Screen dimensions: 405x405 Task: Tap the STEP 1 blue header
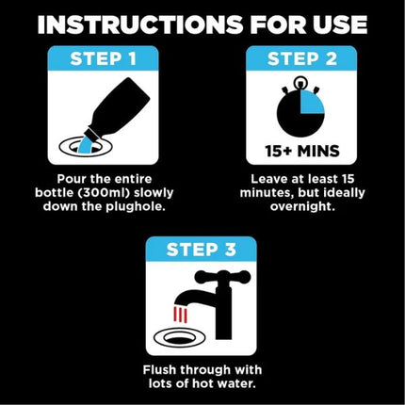pyautogui.click(x=104, y=59)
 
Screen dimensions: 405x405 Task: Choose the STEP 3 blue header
pyautogui.click(x=201, y=250)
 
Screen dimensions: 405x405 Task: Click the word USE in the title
pyautogui.click(x=335, y=24)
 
